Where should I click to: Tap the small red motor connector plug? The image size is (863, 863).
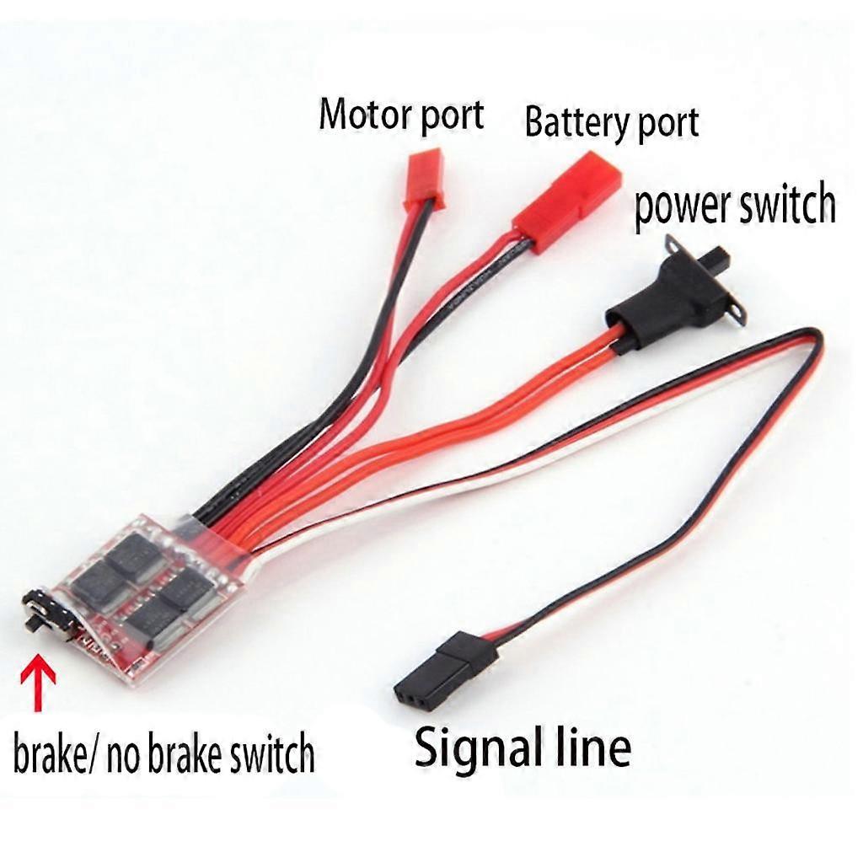click(423, 178)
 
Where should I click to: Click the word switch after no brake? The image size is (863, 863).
click(268, 754)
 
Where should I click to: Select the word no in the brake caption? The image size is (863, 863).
click(130, 754)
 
